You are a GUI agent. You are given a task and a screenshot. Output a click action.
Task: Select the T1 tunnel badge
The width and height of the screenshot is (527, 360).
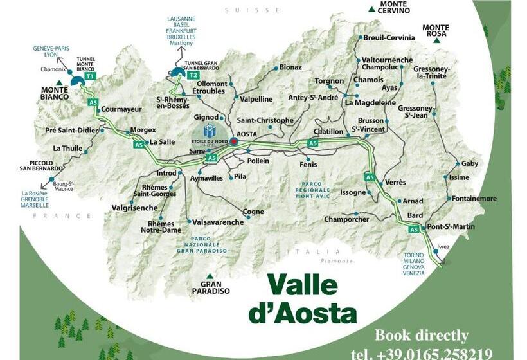pyautogui.click(x=90, y=76)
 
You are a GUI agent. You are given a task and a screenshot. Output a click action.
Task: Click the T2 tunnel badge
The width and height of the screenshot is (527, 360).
pyautogui.click(x=193, y=75)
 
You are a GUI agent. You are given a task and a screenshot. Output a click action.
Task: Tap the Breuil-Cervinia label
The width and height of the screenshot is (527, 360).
pyautogui.click(x=388, y=38)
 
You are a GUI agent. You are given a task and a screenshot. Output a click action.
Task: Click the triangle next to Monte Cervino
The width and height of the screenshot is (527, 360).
pyautogui.click(x=371, y=9)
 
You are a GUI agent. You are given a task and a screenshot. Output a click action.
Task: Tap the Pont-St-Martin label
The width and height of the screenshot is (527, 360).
pyautogui.click(x=450, y=226)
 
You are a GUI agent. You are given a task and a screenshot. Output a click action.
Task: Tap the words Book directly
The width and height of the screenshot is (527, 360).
pyautogui.click(x=422, y=336)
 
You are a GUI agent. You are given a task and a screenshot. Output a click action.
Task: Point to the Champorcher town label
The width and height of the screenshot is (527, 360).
pyautogui.click(x=347, y=219)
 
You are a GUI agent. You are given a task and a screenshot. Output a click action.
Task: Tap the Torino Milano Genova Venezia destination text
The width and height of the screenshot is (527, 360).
pyautogui.click(x=415, y=264)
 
